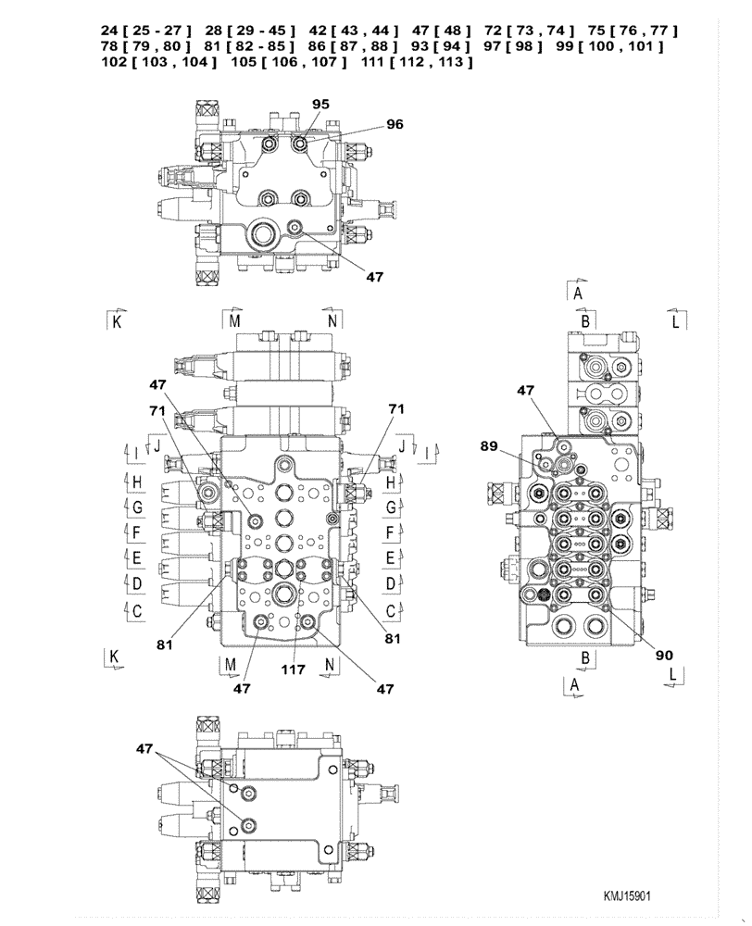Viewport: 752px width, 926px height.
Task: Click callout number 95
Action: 320,105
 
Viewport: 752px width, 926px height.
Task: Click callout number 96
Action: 395,123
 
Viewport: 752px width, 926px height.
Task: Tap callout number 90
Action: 663,655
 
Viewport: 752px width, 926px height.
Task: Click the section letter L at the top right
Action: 676,320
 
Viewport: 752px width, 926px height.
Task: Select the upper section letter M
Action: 234,319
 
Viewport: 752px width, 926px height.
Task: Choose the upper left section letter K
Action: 117,321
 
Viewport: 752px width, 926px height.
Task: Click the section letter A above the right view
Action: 577,294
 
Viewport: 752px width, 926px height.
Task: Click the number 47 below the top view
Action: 375,275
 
